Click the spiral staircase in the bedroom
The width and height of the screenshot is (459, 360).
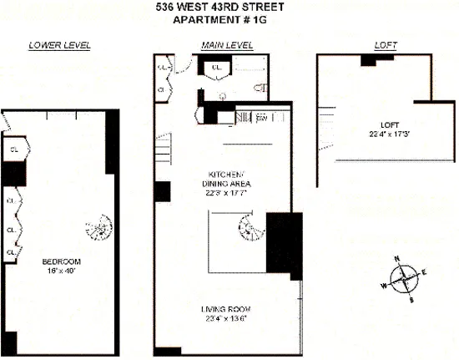[x=98, y=227]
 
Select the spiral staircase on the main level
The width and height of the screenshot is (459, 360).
[x=249, y=224]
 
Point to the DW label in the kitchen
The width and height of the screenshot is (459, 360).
[x=261, y=119]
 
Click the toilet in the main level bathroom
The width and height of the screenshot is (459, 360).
[x=265, y=85]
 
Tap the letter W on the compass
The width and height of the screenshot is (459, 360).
[x=384, y=286]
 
